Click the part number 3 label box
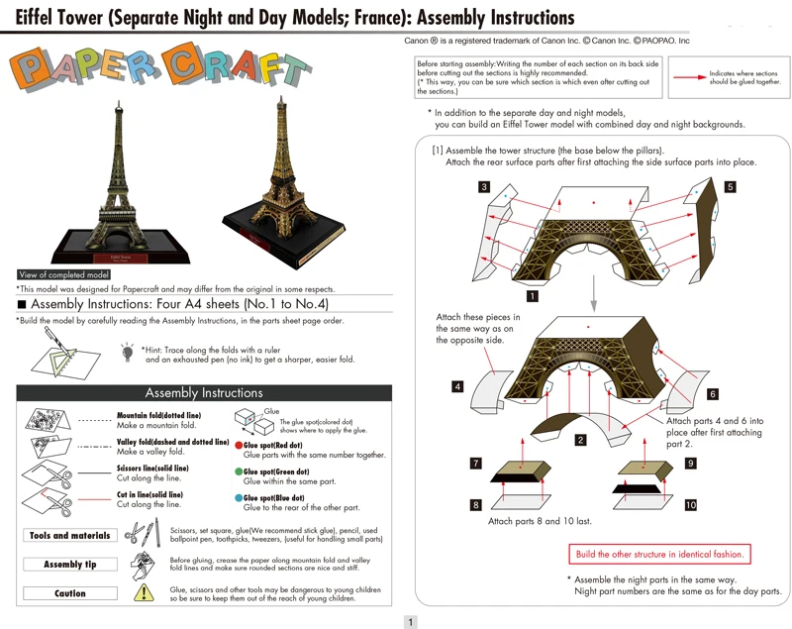(483, 187)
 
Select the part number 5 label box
(730, 186)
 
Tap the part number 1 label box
(533, 295)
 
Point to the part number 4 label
(456, 386)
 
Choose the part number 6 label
(713, 393)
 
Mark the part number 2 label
(580, 439)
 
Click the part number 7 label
(476, 463)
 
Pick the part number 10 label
(690, 505)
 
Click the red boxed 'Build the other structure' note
(659, 555)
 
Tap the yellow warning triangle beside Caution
(145, 592)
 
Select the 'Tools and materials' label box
(70, 536)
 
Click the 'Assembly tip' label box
(70, 565)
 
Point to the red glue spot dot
(239, 447)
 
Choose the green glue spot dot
(239, 472)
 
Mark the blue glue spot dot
(239, 498)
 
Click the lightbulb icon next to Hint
(128, 352)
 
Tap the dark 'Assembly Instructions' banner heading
(204, 392)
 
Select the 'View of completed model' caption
(64, 274)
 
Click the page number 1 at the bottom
(411, 621)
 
